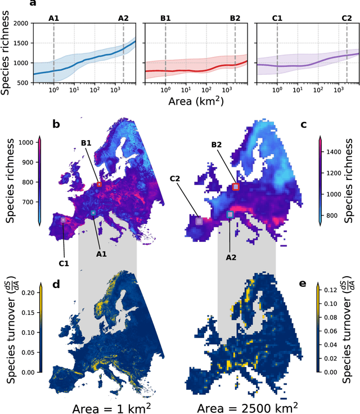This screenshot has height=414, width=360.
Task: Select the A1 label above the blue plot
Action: click(54, 18)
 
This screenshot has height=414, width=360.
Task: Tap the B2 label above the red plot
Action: click(235, 18)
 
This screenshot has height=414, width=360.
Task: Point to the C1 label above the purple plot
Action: click(277, 18)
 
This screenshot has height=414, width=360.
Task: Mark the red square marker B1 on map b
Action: click(100, 184)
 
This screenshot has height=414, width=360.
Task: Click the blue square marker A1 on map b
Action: click(93, 213)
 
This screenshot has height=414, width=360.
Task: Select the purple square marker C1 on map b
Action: click(63, 220)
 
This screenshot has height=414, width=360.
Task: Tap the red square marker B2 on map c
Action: click(236, 187)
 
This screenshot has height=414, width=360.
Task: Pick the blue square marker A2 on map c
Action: click(229, 215)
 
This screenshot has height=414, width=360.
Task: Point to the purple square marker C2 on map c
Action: click(199, 221)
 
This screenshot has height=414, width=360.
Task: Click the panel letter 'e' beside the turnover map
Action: click(303, 283)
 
